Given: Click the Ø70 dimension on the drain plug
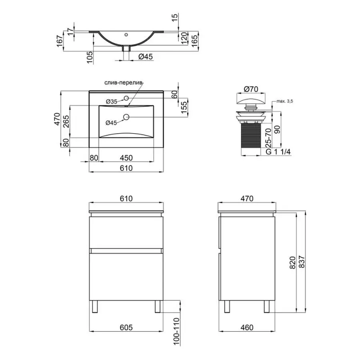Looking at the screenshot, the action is tap(251, 89).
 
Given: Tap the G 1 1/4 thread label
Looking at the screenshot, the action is tap(278, 152).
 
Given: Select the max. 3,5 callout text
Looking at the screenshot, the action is tap(285, 101).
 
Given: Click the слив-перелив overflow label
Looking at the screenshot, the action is tap(124, 83).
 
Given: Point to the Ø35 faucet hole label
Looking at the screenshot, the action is tap(112, 101).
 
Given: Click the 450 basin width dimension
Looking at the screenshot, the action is tap(126, 158).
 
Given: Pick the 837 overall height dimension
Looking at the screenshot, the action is tap(302, 262).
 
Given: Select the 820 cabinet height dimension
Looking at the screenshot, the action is tap(292, 263).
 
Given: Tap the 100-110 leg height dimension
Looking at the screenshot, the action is tap(176, 331).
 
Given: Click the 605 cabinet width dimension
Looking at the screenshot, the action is tap(126, 327).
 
